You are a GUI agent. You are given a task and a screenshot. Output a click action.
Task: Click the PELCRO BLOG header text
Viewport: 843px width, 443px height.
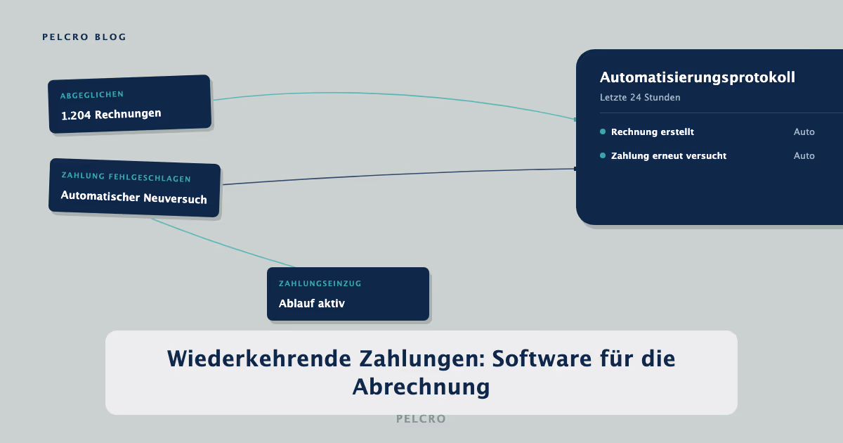tap(84, 37)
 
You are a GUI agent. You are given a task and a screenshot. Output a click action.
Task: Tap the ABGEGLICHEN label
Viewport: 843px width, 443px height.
tap(92, 95)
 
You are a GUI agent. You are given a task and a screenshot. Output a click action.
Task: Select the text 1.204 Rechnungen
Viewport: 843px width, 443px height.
tap(111, 115)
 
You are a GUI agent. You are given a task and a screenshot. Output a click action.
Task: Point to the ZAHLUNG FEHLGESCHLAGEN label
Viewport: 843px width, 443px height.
tap(126, 177)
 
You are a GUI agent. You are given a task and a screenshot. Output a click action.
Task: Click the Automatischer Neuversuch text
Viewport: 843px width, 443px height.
tap(134, 198)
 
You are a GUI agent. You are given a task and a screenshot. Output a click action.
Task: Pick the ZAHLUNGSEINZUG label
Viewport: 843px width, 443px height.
tap(320, 283)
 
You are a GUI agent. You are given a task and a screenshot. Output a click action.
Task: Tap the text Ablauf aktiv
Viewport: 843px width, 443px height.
tap(312, 303)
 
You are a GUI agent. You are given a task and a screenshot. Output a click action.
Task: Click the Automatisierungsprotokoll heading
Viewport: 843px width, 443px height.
tap(698, 77)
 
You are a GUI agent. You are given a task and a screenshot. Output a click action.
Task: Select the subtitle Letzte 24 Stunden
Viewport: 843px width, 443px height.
tap(640, 98)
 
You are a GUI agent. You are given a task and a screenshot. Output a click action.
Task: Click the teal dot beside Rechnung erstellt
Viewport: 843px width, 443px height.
tap(603, 131)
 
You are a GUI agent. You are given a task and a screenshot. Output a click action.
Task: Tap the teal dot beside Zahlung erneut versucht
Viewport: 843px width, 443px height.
tap(603, 155)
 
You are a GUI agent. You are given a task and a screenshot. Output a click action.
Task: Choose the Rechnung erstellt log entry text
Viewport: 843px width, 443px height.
tap(653, 132)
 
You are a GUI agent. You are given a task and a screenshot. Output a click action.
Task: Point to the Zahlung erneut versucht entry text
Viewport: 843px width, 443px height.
tap(669, 156)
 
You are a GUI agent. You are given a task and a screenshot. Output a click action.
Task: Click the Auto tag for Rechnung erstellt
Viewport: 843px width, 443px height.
tap(804, 132)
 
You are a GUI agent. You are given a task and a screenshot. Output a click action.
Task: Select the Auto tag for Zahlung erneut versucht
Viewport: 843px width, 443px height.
tap(804, 156)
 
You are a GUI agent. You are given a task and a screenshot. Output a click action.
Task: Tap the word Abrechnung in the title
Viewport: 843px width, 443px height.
tap(421, 387)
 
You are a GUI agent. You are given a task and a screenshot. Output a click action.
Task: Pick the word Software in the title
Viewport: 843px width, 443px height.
tap(542, 359)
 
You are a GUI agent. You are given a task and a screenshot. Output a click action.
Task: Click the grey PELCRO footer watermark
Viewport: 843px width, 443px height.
tap(421, 419)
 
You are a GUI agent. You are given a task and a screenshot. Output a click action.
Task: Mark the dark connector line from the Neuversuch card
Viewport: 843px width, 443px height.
tap(399, 174)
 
